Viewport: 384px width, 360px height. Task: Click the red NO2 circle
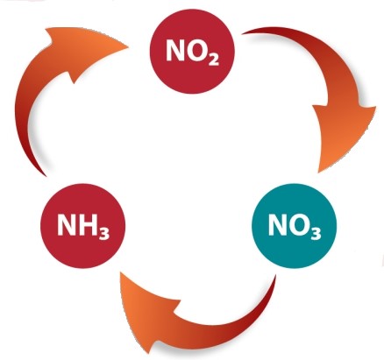(192, 52)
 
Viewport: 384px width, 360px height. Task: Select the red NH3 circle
(82, 226)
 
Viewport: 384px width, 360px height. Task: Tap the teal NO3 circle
(295, 226)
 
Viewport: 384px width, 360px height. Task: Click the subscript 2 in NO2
(214, 60)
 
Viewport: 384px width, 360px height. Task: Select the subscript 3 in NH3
(104, 234)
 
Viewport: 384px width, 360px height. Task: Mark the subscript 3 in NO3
(316, 234)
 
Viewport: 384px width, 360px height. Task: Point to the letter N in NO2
(175, 50)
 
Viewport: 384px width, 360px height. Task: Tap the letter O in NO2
(197, 50)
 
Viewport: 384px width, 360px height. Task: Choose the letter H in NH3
(88, 224)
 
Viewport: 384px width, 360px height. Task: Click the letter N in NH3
(67, 224)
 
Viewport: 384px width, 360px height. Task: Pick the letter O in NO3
(299, 224)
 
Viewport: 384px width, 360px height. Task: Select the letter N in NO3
(278, 224)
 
